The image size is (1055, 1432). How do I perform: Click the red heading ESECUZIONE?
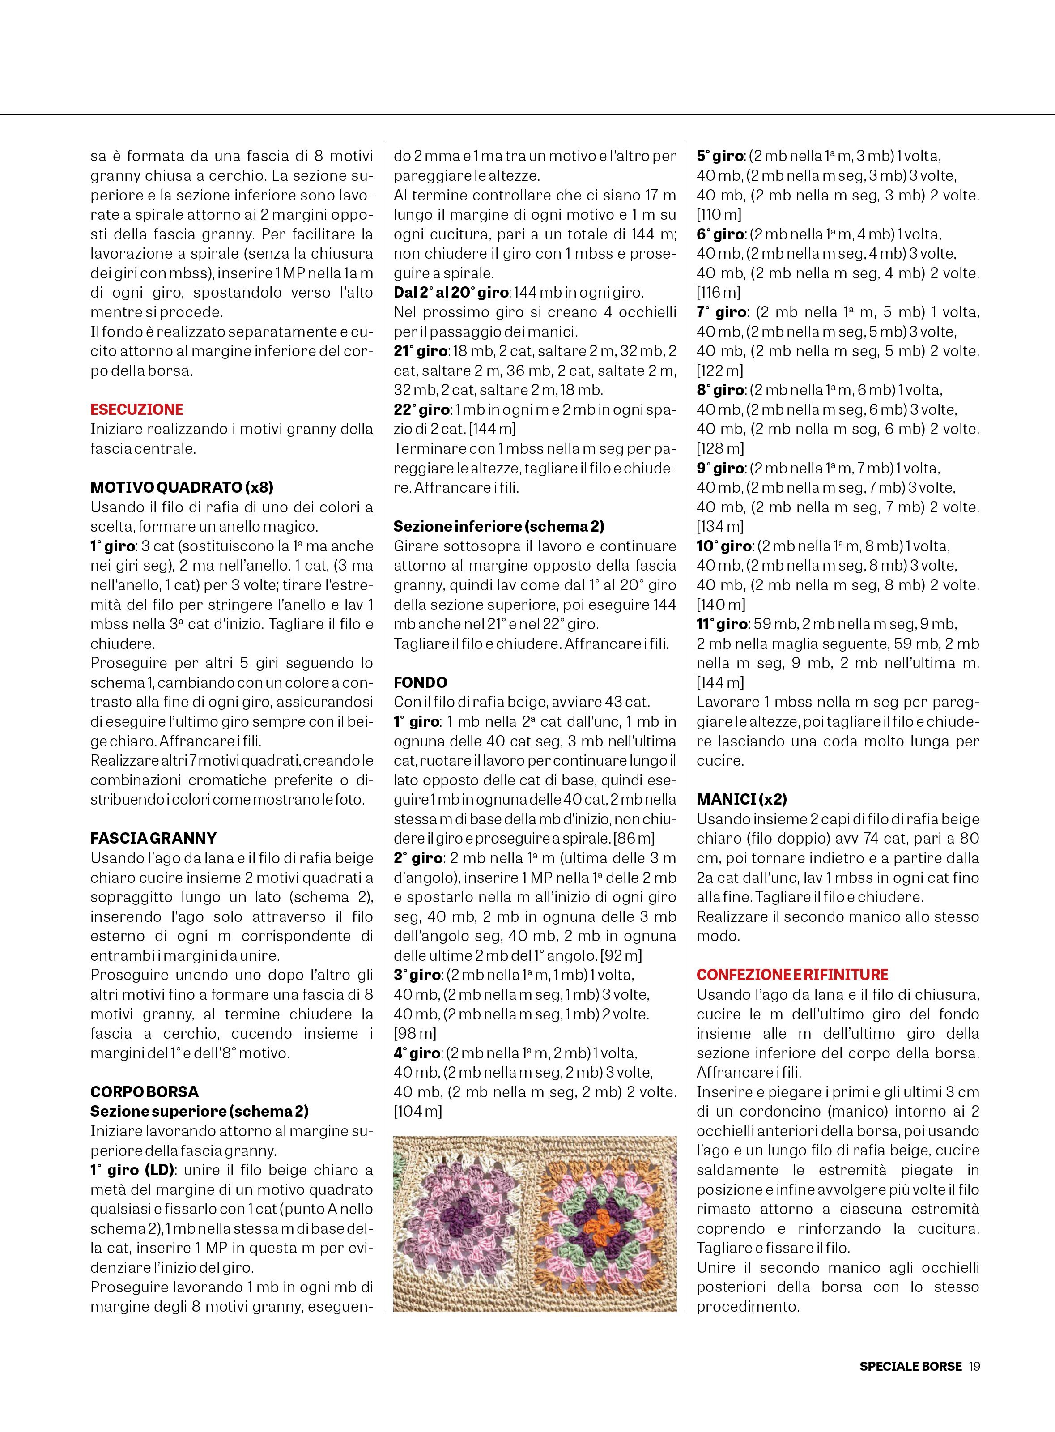[136, 409]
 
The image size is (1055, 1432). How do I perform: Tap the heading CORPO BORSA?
[145, 1091]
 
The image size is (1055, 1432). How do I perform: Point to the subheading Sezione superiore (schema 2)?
[199, 1111]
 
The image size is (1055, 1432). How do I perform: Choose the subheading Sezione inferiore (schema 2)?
[499, 526]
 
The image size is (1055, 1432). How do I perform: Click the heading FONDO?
[420, 682]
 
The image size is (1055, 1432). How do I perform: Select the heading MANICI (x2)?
[741, 799]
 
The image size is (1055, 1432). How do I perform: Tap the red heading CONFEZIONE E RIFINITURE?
[792, 975]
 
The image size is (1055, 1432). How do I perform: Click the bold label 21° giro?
[421, 351]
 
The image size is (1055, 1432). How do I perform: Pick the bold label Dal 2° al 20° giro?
[451, 293]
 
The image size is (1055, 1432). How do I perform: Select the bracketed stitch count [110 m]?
[719, 215]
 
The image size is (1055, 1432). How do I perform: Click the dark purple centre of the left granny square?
[459, 1214]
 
